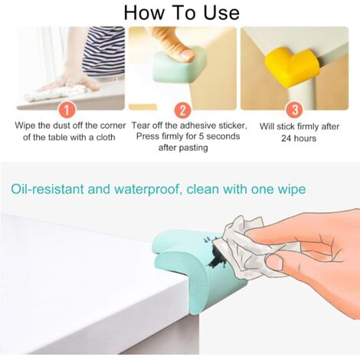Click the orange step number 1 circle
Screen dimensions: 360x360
tap(67, 110)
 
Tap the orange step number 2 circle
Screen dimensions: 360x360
tap(182, 110)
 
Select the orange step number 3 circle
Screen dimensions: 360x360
tap(295, 110)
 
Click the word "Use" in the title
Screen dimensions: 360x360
tap(221, 13)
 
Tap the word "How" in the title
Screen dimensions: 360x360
tap(143, 13)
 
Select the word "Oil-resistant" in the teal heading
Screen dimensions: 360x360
tap(47, 189)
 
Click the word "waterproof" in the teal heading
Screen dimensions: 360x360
tap(149, 190)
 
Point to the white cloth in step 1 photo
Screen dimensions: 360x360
tap(57, 93)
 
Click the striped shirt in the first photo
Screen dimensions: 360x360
tap(104, 51)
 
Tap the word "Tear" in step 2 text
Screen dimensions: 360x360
tap(139, 126)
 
